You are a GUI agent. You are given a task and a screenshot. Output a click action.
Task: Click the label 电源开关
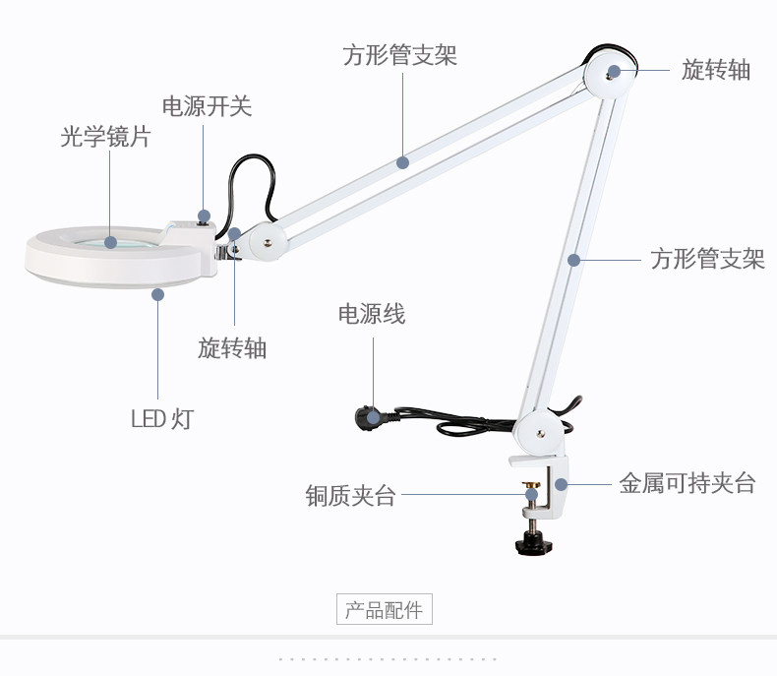click(207, 106)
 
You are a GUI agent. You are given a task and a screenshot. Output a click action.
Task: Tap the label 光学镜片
click(105, 137)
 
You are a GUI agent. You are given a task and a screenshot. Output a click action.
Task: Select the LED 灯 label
click(162, 418)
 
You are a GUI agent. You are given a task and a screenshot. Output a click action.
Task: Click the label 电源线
click(371, 314)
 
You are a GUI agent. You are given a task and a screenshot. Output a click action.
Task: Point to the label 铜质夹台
click(350, 496)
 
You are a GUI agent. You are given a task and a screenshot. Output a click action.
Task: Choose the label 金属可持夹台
click(687, 483)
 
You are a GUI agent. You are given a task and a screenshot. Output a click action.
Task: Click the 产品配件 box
click(384, 610)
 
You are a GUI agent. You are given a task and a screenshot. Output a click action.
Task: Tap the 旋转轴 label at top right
click(716, 69)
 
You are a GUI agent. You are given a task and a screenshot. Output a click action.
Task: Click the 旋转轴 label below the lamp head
click(232, 347)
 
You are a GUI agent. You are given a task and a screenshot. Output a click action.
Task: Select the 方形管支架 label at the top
click(400, 55)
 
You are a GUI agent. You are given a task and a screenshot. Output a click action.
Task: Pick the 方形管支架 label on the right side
click(707, 260)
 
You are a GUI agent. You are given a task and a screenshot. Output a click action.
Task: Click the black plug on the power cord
click(370, 418)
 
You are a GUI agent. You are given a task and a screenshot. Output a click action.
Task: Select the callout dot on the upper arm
click(402, 162)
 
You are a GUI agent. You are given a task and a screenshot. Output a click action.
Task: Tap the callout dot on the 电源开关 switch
click(205, 215)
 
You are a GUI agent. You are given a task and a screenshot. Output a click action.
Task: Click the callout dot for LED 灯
click(157, 292)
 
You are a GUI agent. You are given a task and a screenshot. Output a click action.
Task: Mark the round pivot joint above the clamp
click(540, 429)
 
